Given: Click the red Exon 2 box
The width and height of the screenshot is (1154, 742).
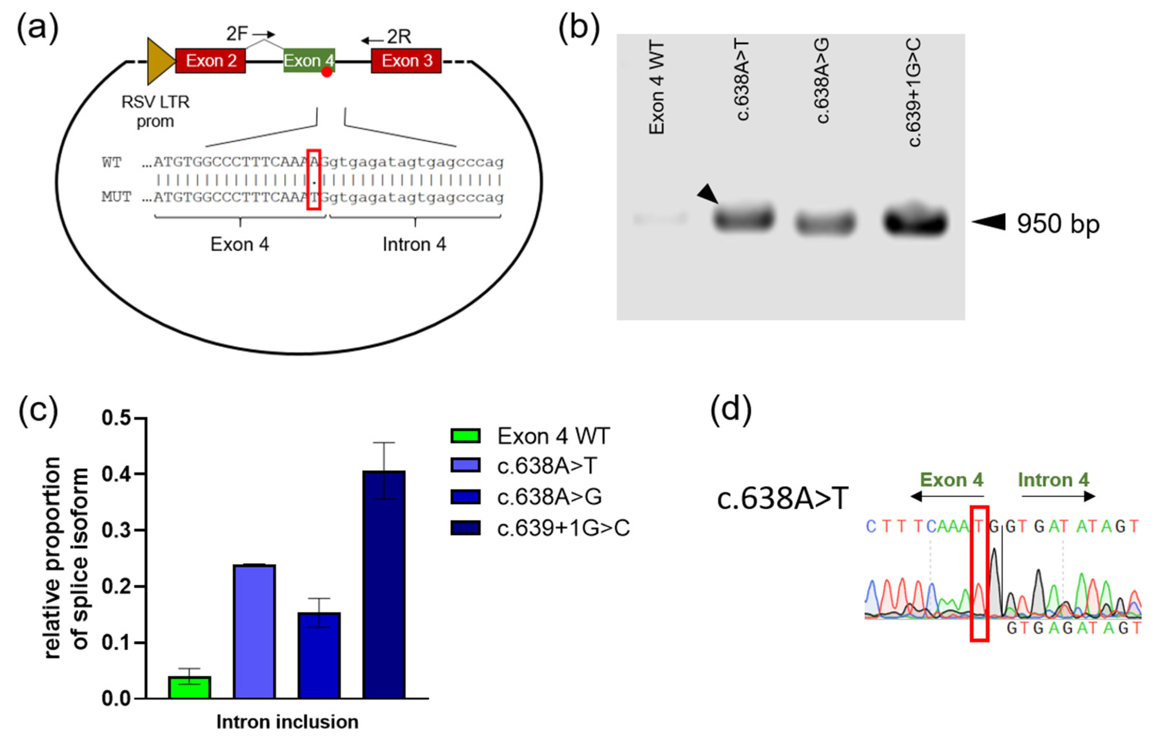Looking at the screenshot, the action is click(210, 61).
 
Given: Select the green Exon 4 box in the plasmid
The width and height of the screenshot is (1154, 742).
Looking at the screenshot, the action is click(309, 61).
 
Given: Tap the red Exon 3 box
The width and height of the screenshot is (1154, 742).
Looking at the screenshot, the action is click(406, 61).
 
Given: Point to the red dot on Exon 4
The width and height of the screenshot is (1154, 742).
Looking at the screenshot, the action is click(327, 72).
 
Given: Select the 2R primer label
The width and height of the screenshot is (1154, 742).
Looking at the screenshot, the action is click(399, 37).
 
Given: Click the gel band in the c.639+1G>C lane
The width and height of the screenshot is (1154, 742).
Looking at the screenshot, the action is click(915, 222).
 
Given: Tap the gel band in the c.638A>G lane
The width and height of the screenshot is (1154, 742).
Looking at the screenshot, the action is click(825, 223).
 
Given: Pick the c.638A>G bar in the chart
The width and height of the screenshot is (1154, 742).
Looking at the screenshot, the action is click(319, 655).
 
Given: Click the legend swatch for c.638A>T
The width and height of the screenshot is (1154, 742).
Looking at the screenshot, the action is click(465, 466).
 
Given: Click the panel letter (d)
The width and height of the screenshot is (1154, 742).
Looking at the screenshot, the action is click(731, 409).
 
